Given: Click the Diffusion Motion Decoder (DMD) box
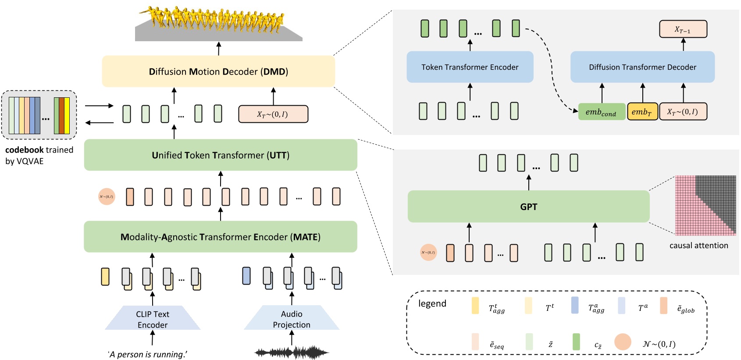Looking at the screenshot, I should point(218,71).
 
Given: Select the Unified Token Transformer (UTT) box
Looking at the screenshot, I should point(220,155).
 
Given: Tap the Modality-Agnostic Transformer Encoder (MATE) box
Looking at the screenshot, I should point(220,237).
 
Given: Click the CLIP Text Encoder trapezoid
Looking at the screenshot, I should point(153,319).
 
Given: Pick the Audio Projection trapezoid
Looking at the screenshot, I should point(292,319).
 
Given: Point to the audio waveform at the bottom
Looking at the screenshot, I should point(292,352).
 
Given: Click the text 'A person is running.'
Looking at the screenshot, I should point(148,354).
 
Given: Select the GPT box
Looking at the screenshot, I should point(528,207).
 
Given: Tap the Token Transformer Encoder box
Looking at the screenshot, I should point(470,67).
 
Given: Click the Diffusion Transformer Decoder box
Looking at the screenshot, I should point(642,67).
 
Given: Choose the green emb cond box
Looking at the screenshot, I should point(601,112).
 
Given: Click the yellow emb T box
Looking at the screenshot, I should point(642,112).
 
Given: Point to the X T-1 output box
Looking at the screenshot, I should point(683,29).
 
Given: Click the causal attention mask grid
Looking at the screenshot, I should point(705,205).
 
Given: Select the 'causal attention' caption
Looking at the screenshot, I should point(698,246).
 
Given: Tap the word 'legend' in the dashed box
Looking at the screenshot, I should point(432,303).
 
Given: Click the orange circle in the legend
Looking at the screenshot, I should point(622,342).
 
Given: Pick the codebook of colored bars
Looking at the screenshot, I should point(39,115).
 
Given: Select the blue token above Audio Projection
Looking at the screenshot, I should point(246,276).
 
